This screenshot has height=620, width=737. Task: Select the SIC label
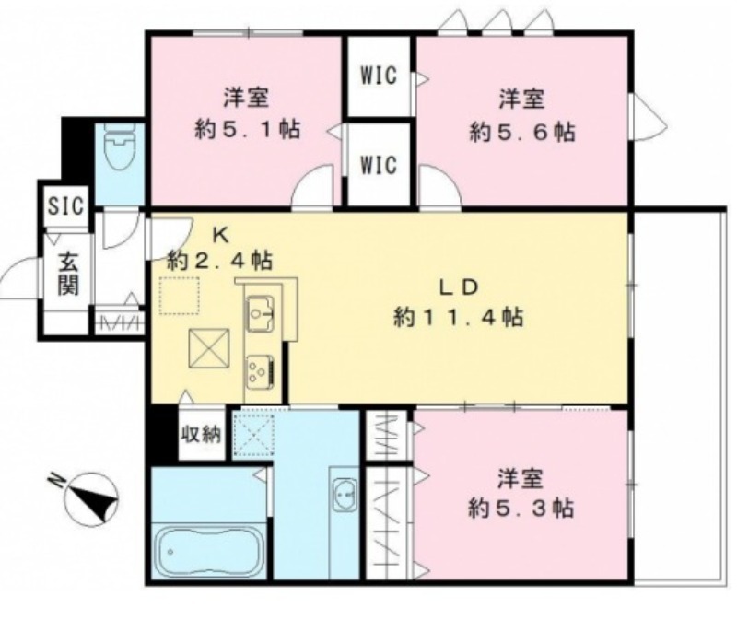pos(66,205)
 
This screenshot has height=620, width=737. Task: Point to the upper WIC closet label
pos(379,76)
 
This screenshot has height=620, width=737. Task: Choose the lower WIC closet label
pos(379,165)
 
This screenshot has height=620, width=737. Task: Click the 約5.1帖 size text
pos(247,129)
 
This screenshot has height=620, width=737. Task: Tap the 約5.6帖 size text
pos(521,132)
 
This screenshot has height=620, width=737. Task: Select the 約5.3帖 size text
pos(521,509)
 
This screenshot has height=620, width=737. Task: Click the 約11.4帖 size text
pos(459,317)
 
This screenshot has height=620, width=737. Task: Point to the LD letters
pos(459,287)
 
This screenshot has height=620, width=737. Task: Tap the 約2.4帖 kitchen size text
pos(220,261)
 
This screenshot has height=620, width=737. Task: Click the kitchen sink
pos(260,313)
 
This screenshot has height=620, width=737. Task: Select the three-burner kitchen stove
pos(261,369)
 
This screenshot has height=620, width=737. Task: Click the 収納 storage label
pos(202,435)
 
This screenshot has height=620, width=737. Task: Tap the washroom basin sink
pos(345,496)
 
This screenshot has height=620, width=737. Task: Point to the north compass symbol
pos(91,499)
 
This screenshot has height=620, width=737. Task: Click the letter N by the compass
pos(57,480)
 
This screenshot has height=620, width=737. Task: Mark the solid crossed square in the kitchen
pos(209,348)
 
